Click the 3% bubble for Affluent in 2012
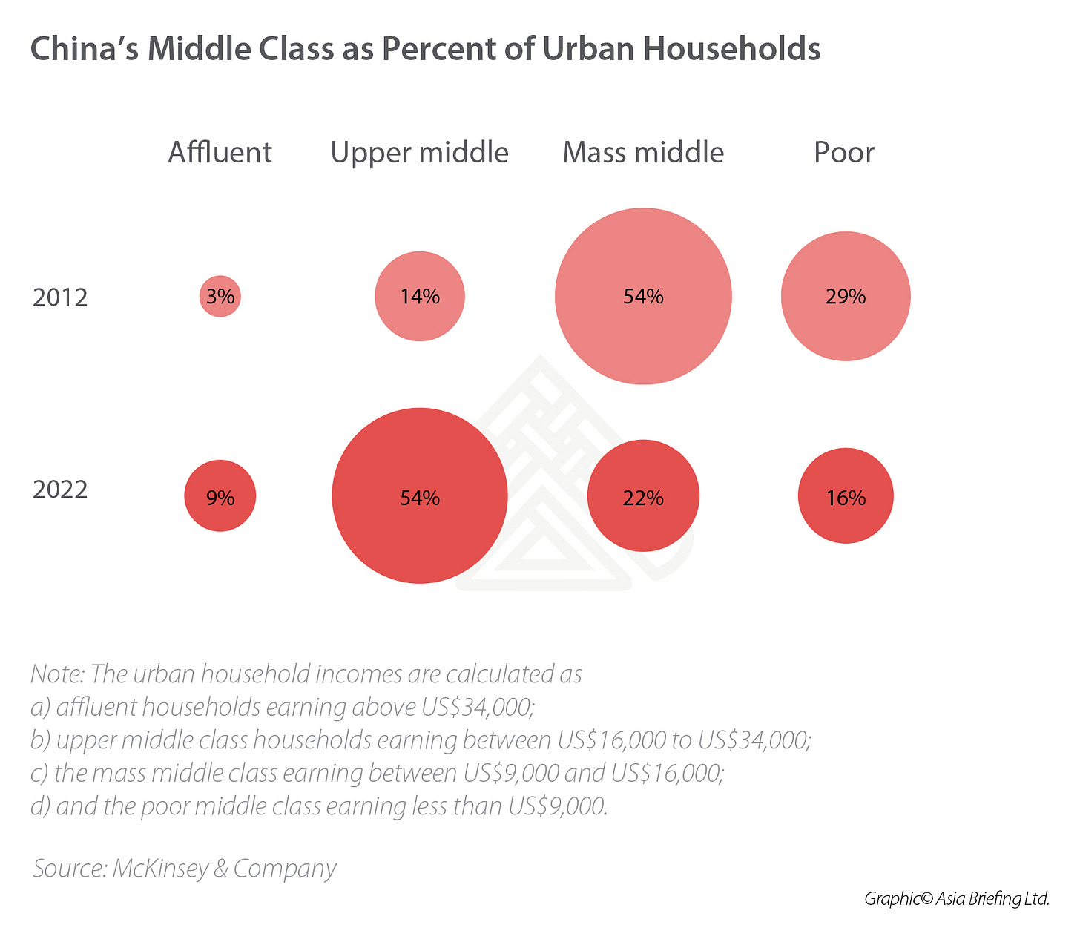coord(220,297)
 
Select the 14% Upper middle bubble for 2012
coord(420,297)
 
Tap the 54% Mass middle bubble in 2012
coord(643,297)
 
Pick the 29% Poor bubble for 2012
coord(846,297)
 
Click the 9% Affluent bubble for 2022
coord(220,496)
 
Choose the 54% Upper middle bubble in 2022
coord(420,496)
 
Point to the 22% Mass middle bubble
coord(643,496)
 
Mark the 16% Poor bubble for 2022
coord(846,496)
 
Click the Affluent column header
coord(220,153)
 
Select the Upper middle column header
coord(420,153)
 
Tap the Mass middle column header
coord(643,153)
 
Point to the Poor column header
coord(844,153)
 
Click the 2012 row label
coord(60,297)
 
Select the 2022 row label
coord(60,490)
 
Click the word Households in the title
coord(731,49)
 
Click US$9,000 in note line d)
coord(556,806)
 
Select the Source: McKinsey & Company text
coord(185,869)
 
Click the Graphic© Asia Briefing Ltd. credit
coord(957,899)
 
